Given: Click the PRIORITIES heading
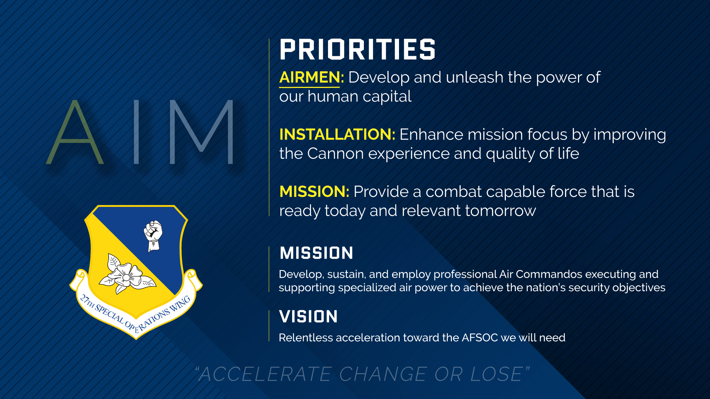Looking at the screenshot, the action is click(358, 50).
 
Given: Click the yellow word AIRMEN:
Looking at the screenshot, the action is click(312, 77).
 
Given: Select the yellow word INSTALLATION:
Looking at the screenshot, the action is click(337, 134).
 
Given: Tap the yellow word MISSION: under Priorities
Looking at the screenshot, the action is click(314, 192).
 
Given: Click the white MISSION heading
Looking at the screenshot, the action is click(317, 253).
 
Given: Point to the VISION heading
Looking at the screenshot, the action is click(308, 317).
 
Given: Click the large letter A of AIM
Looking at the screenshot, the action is click(75, 132).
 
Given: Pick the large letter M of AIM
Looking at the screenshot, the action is click(202, 132).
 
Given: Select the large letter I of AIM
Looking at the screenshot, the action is click(136, 132).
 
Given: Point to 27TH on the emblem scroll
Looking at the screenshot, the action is click(88, 301).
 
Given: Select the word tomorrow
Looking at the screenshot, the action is click(501, 211).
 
